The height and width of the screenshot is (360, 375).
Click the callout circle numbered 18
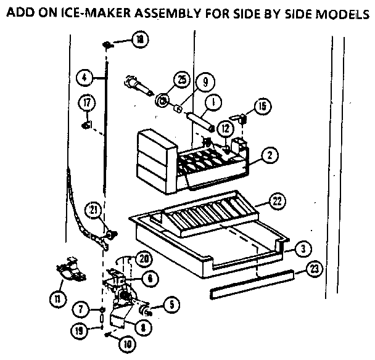click(x=140, y=39)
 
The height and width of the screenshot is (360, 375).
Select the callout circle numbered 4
click(x=86, y=78)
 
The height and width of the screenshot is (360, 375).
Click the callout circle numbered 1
click(x=212, y=103)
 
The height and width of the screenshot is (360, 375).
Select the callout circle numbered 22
click(x=277, y=200)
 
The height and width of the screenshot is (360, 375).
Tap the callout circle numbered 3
click(x=300, y=248)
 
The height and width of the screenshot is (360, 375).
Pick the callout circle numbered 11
click(x=59, y=300)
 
